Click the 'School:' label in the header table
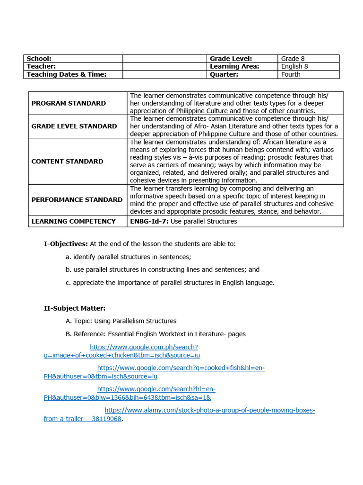click(x=39, y=58)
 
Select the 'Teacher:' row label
click(x=41, y=66)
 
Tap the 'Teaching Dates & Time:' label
click(x=66, y=74)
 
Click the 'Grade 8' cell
click(x=293, y=58)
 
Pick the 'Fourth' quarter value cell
click(x=291, y=74)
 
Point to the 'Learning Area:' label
click(x=234, y=66)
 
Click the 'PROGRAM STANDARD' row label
click(x=69, y=103)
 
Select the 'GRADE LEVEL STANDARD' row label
click(x=74, y=126)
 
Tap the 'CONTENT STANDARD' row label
click(x=67, y=162)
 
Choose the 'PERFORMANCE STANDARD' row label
click(x=77, y=200)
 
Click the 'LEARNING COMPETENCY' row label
click(x=73, y=221)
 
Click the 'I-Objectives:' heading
click(x=66, y=244)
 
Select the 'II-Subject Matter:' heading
click(x=75, y=308)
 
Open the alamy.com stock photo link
click(x=209, y=410)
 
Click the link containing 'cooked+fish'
click(x=181, y=368)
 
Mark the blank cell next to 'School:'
click(x=165, y=58)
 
